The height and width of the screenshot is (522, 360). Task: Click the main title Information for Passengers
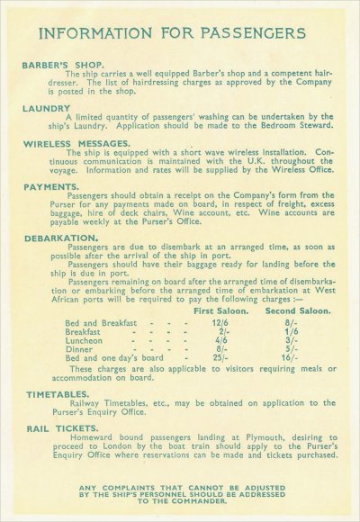[180, 34]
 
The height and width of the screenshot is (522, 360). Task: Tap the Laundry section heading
[46, 107]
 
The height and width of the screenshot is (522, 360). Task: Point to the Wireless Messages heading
[76, 143]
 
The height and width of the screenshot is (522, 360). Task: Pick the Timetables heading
[56, 393]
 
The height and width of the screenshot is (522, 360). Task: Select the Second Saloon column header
[296, 311]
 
